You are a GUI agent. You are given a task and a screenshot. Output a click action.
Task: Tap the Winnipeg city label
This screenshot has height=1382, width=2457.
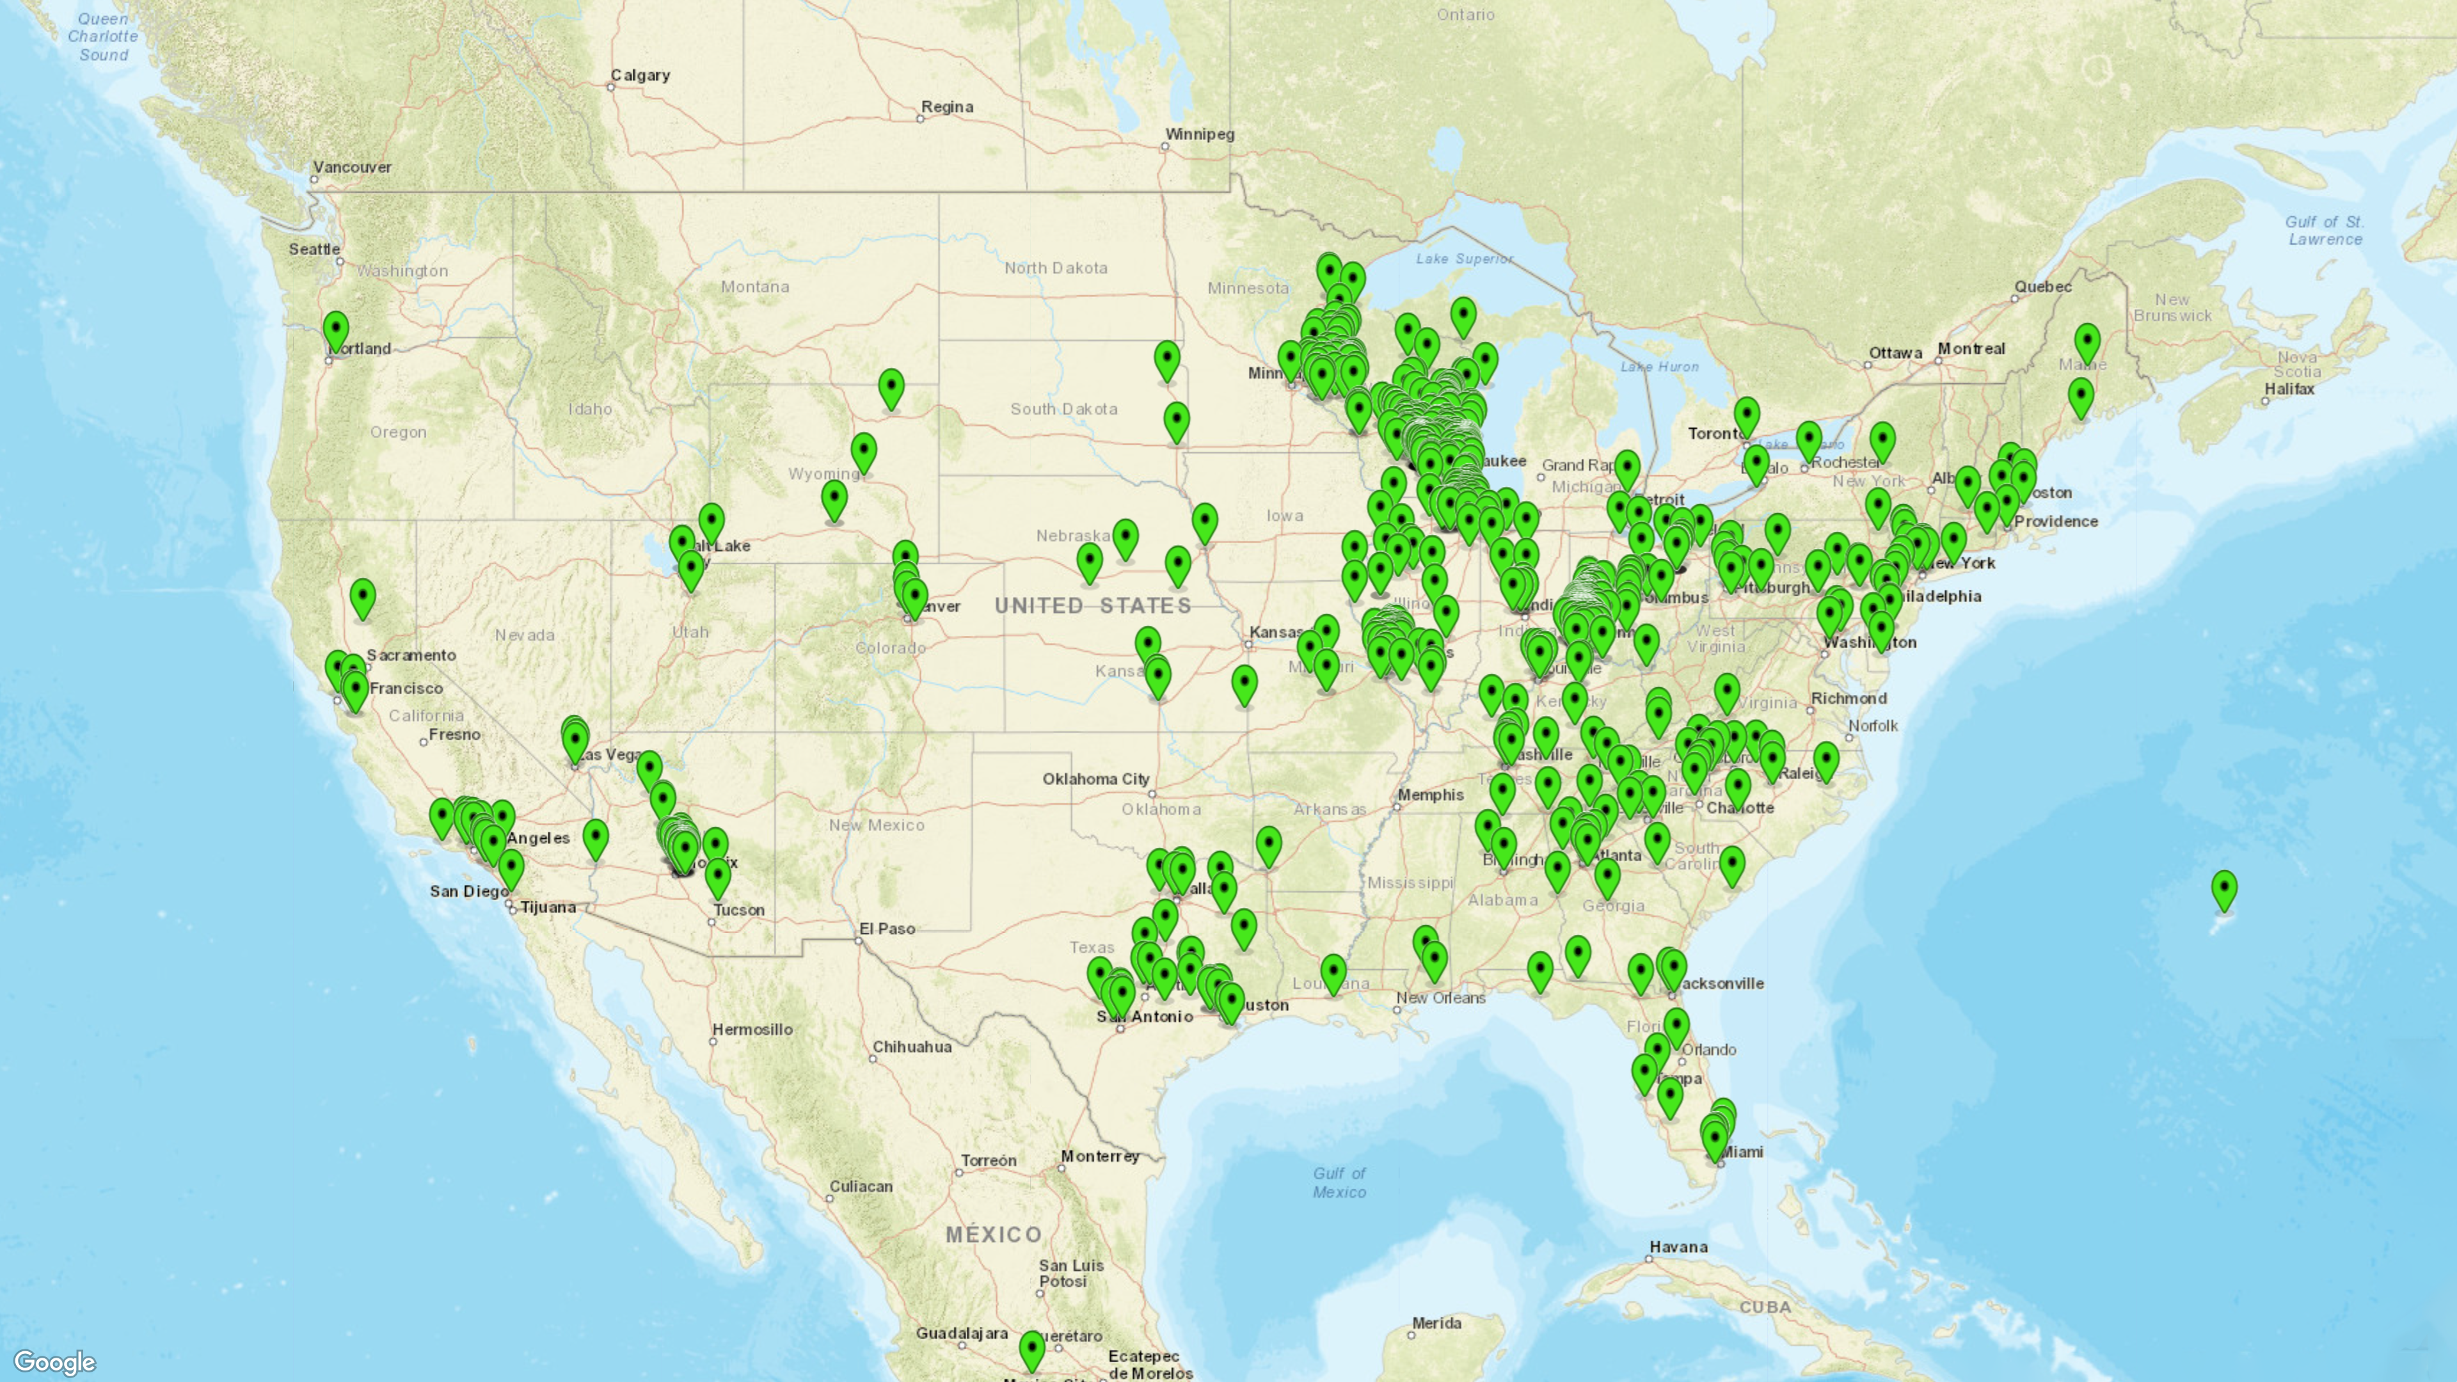tap(1199, 134)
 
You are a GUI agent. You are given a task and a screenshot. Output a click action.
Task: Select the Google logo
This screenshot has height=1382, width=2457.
tap(54, 1362)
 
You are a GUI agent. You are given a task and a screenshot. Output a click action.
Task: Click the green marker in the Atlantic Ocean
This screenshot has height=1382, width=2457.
tap(2223, 891)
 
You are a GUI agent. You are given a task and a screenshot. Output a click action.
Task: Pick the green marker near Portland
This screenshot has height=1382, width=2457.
tap(336, 333)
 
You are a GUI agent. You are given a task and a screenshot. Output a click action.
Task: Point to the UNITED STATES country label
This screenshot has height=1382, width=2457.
tap(1092, 606)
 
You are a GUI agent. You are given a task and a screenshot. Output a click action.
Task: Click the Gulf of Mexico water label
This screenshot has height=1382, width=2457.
tap(1339, 1182)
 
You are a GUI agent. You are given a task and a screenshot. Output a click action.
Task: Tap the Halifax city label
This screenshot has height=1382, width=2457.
tap(2289, 389)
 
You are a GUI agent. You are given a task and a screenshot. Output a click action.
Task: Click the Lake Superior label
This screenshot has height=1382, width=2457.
tap(1464, 258)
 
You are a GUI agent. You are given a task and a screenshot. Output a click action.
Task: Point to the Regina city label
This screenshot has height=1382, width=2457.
tap(946, 107)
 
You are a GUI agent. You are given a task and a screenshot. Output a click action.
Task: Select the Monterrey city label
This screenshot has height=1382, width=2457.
tap(1100, 1156)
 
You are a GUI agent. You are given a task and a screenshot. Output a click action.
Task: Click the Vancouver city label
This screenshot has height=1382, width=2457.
tap(352, 167)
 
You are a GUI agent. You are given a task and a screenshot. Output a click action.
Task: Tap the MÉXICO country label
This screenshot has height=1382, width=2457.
tap(994, 1234)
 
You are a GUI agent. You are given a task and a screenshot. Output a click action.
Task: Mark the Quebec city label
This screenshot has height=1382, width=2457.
tap(2042, 286)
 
